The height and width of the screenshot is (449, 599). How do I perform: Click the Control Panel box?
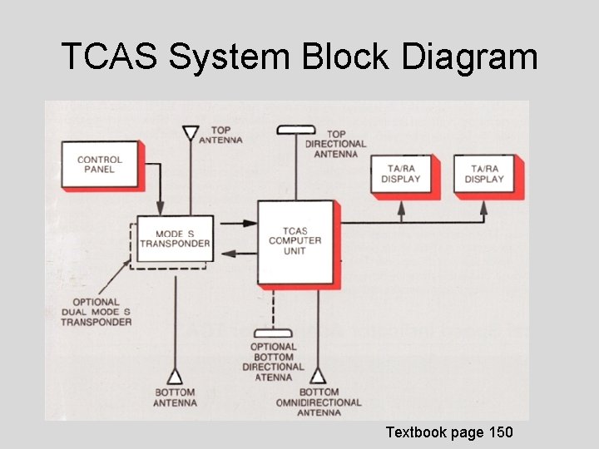(99, 165)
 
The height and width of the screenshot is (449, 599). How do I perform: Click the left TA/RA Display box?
(401, 175)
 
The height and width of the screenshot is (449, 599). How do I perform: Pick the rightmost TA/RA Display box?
(484, 175)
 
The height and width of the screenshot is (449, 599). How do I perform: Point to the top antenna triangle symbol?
(191, 133)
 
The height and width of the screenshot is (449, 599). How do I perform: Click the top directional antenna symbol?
(296, 129)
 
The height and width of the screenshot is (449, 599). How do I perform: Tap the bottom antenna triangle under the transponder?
(176, 376)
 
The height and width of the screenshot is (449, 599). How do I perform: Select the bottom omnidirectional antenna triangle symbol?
(318, 376)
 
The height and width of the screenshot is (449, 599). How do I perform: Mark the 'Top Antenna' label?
(220, 135)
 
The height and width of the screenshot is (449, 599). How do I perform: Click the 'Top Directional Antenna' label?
(335, 144)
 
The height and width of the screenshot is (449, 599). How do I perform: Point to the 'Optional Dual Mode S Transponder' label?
(96, 312)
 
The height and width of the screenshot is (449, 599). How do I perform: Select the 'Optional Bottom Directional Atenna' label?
(273, 362)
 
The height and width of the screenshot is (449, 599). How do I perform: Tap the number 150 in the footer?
(499, 432)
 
